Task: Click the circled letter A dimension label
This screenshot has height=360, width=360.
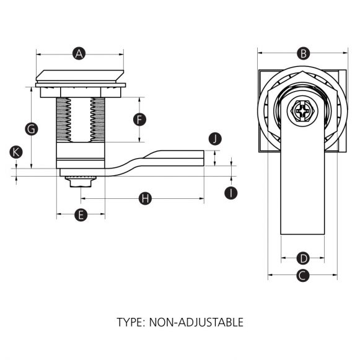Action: coord(79,53)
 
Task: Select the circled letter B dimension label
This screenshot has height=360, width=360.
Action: coord(303,53)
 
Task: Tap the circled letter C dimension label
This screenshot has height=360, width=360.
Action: coord(302,276)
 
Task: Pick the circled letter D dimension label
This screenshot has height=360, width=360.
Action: coord(302,258)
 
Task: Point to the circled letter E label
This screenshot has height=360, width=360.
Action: coord(80,215)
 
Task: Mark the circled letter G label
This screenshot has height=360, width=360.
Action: coord(30,129)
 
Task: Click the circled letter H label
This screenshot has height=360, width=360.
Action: coord(145,198)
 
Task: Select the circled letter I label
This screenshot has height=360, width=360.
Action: coord(230,193)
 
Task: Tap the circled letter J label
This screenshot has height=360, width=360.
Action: coord(214,138)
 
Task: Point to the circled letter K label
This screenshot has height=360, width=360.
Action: coord(17,151)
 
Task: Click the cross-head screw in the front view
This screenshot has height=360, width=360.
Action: coord(302,113)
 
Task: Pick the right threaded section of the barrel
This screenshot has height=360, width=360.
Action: coord(97,119)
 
